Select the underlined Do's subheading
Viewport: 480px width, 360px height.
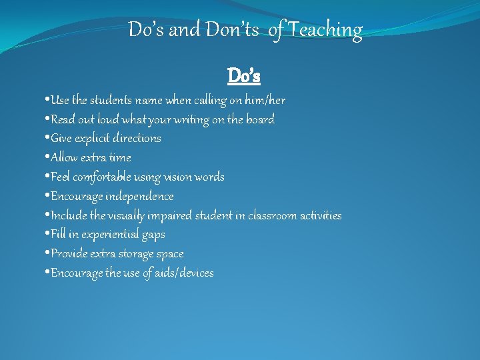pyautogui.click(x=244, y=76)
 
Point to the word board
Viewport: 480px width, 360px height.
pyautogui.click(x=259, y=120)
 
